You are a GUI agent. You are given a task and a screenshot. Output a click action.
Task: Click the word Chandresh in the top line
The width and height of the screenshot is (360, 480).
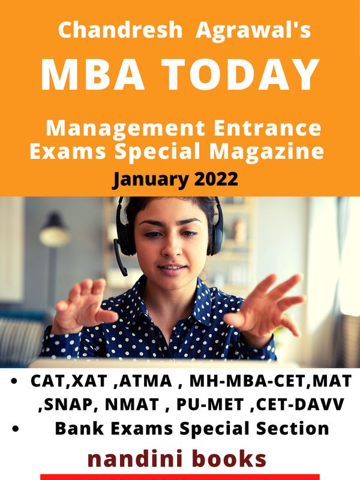(120, 30)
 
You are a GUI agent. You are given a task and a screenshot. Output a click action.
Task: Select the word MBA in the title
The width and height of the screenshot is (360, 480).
(93, 74)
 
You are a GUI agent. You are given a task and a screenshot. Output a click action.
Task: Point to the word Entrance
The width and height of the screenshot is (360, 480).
(268, 128)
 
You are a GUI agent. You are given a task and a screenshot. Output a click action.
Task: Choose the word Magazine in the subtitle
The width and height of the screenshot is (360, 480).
(266, 152)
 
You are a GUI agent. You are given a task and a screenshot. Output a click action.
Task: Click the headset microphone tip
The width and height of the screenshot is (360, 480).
(124, 272)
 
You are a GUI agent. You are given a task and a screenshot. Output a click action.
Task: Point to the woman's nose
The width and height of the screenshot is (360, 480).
(172, 248)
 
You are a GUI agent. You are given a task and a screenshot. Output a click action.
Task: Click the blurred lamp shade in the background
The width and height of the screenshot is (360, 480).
(55, 232)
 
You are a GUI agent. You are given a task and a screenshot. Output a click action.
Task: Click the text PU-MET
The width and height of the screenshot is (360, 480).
(210, 404)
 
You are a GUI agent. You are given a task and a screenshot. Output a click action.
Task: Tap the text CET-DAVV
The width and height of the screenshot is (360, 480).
(300, 404)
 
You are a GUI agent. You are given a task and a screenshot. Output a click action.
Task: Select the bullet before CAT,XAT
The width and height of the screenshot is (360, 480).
(14, 381)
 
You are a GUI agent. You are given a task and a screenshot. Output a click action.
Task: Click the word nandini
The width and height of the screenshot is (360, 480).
(134, 459)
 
